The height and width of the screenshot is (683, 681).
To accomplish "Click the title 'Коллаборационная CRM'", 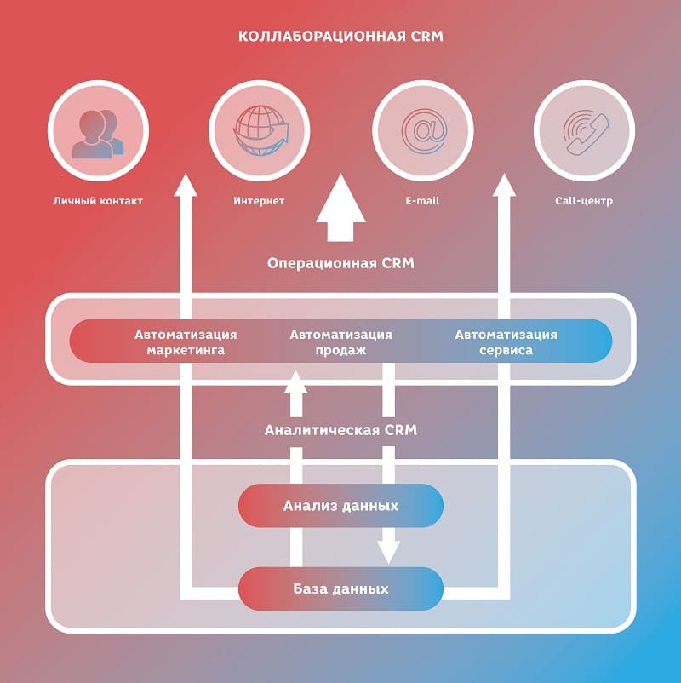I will coord(340,37).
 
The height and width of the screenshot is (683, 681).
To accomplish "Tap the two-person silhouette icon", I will coord(97,133).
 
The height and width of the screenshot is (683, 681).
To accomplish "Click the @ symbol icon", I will coord(423,133).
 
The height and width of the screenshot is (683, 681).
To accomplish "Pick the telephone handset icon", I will coord(584,133).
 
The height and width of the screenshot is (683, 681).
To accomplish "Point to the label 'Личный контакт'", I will coord(97,202).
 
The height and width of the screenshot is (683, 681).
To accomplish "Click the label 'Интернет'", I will coord(259,202).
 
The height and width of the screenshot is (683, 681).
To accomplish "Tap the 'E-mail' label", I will coord(423,202).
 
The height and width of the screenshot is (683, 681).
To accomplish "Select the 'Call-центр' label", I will coord(584,202).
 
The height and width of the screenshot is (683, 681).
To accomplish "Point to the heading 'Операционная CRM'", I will coord(340,263).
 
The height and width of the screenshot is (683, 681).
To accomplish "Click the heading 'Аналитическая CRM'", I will coord(340,430).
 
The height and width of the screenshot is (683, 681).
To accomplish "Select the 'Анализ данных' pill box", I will coord(340,506).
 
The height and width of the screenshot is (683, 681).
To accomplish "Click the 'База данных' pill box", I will coord(340,588).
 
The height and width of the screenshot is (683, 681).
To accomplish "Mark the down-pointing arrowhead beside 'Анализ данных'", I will coord(388,551).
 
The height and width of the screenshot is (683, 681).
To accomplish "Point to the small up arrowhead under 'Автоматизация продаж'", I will coord(295,382).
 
